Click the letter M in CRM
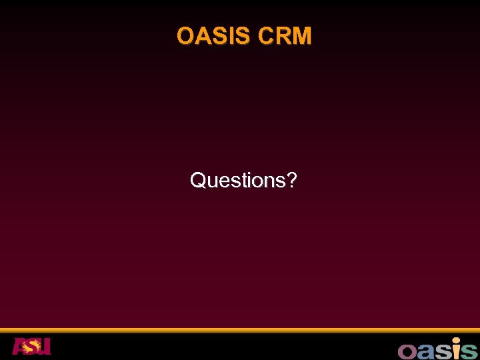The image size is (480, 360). [302, 36]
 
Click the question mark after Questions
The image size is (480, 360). [291, 180]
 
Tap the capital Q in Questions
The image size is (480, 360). [198, 180]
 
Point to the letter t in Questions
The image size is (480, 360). [243, 180]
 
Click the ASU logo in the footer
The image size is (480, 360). [31, 347]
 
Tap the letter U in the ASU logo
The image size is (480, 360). [44, 347]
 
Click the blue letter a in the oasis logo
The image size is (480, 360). [424, 351]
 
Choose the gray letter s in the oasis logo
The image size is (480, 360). [440, 351]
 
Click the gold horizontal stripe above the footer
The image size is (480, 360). [240, 330]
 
